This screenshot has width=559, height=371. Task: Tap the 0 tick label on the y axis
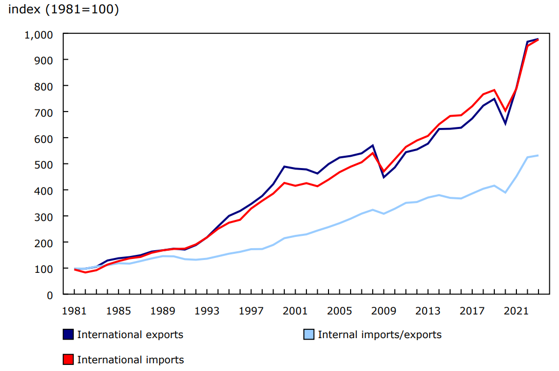(50, 295)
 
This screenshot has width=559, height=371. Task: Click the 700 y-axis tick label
(43, 113)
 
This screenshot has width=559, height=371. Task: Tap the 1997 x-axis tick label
(252, 311)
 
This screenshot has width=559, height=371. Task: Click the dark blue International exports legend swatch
(68, 335)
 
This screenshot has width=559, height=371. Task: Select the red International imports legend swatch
(68, 360)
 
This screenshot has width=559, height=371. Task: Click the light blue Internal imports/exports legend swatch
(309, 335)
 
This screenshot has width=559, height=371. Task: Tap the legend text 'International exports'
(130, 335)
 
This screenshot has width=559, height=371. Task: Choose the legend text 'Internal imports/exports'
(379, 335)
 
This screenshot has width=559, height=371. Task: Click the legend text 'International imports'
(130, 360)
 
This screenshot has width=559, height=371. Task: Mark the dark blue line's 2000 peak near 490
(285, 166)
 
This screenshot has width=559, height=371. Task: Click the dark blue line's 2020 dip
(506, 123)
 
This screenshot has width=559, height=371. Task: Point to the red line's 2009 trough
(384, 172)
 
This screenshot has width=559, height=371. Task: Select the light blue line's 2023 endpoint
(538, 155)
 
